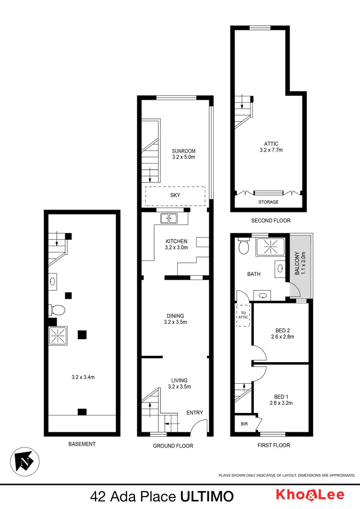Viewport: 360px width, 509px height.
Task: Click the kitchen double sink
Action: (x=169, y=218)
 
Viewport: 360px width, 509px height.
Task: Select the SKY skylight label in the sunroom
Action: (x=175, y=196)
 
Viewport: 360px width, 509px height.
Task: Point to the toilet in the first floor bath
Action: (x=243, y=247)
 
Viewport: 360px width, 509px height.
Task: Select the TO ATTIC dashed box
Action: (x=243, y=315)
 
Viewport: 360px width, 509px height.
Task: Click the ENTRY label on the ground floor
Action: (x=195, y=413)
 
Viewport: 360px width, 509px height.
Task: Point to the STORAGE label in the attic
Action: (x=268, y=202)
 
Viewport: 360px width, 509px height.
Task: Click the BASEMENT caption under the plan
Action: (x=82, y=444)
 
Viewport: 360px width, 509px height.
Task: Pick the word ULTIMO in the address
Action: (x=208, y=496)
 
